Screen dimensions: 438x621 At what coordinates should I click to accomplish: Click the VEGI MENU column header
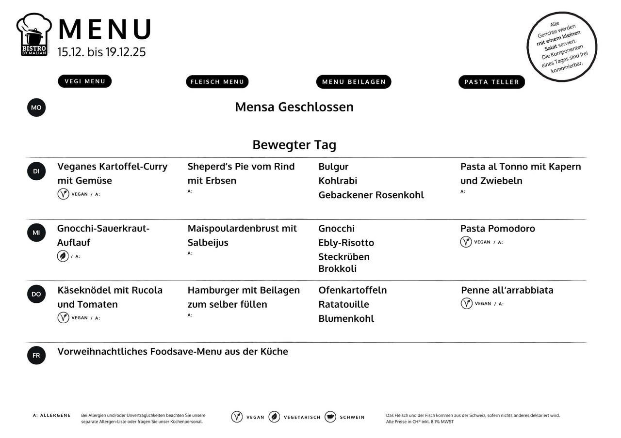(84, 81)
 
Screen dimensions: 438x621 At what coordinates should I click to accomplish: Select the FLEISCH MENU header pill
(217, 82)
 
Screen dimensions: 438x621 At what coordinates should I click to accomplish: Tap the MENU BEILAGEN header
(353, 82)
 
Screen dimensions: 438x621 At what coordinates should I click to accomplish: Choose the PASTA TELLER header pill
(491, 82)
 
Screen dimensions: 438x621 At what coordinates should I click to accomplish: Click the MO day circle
(36, 108)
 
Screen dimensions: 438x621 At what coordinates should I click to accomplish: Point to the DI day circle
(36, 171)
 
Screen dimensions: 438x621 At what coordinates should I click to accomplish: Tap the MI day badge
(36, 233)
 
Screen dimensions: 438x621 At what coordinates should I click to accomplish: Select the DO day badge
(36, 294)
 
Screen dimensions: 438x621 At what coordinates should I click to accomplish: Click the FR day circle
(36, 356)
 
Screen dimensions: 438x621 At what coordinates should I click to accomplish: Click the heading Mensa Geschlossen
(294, 107)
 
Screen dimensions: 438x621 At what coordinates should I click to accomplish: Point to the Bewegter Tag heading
(294, 145)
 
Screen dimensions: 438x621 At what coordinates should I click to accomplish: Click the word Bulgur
(333, 167)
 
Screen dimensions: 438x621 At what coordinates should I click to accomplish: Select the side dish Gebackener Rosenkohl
(371, 195)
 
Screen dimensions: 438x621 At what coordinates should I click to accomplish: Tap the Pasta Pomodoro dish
(497, 229)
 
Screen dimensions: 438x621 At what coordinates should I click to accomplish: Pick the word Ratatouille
(343, 304)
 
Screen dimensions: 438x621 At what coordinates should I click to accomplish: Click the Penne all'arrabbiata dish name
(507, 290)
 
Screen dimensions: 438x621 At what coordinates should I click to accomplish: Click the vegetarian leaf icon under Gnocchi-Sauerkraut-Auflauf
(63, 256)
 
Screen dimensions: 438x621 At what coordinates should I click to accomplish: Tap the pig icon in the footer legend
(330, 417)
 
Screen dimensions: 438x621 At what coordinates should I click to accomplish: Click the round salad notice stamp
(562, 47)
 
